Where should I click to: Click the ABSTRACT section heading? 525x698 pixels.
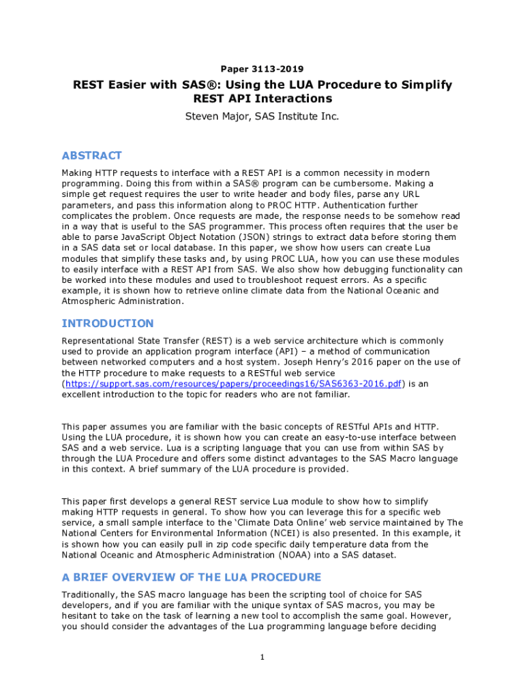point(92,155)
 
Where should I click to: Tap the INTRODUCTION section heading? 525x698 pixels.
point(108,323)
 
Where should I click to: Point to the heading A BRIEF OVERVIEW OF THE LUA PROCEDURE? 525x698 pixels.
point(192,577)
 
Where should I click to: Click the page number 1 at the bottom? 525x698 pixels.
point(262,657)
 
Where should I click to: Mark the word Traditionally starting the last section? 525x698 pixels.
point(91,594)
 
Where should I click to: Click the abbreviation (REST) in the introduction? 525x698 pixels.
point(205,340)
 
